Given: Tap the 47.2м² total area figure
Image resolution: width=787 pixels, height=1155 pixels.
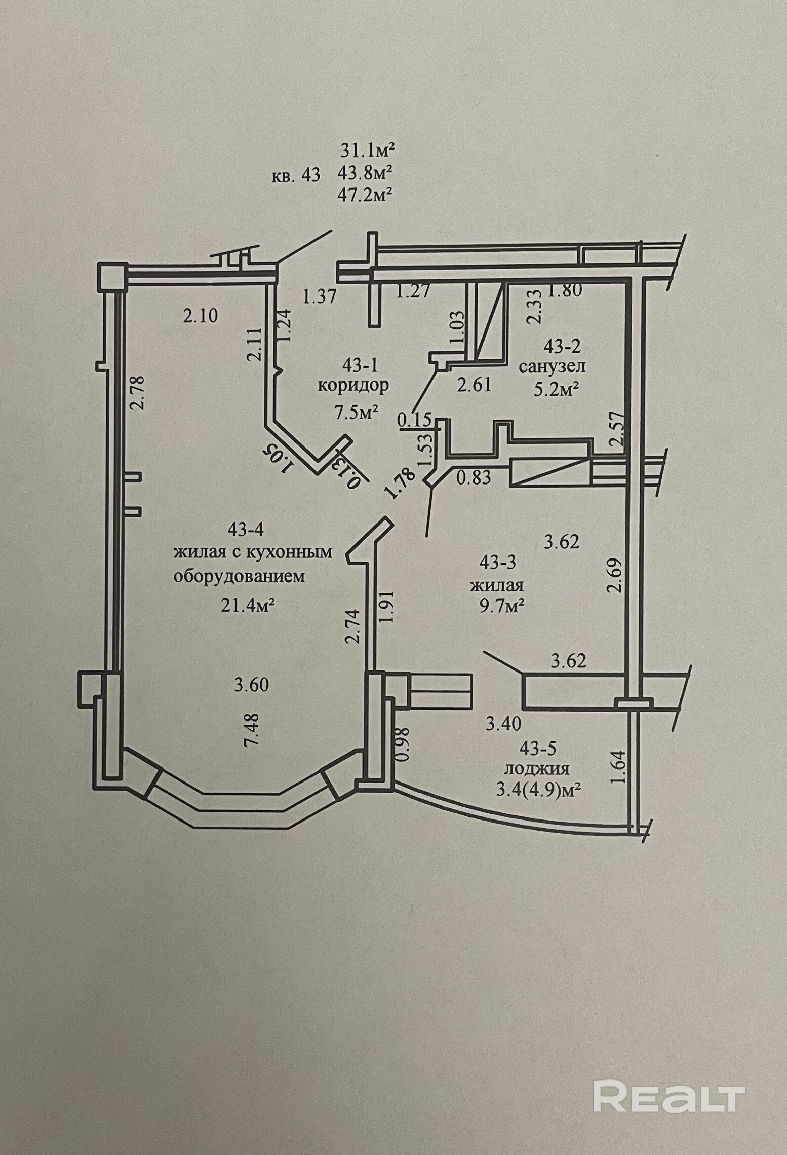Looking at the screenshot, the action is (366, 195).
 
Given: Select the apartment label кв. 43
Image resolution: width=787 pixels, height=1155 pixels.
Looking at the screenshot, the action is (296, 175).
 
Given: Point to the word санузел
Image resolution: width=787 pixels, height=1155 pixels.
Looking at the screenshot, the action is (552, 366).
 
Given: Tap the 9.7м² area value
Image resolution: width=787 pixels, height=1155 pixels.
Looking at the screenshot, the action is (497, 605).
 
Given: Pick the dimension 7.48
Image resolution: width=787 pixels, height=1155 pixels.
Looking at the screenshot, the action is (252, 729).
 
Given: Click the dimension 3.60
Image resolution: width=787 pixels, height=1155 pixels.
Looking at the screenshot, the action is (251, 685).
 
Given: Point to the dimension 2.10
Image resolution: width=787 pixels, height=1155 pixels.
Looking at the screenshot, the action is (201, 316).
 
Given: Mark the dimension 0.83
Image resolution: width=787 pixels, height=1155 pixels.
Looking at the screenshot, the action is (474, 477).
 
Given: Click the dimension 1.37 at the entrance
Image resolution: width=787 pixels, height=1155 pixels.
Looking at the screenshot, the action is (319, 296).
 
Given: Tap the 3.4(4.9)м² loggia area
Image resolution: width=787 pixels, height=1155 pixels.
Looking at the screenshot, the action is (537, 789).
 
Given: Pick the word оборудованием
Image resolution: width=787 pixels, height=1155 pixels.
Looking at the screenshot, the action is (240, 577).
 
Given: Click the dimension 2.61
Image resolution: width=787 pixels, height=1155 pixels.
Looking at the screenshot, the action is (474, 385).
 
